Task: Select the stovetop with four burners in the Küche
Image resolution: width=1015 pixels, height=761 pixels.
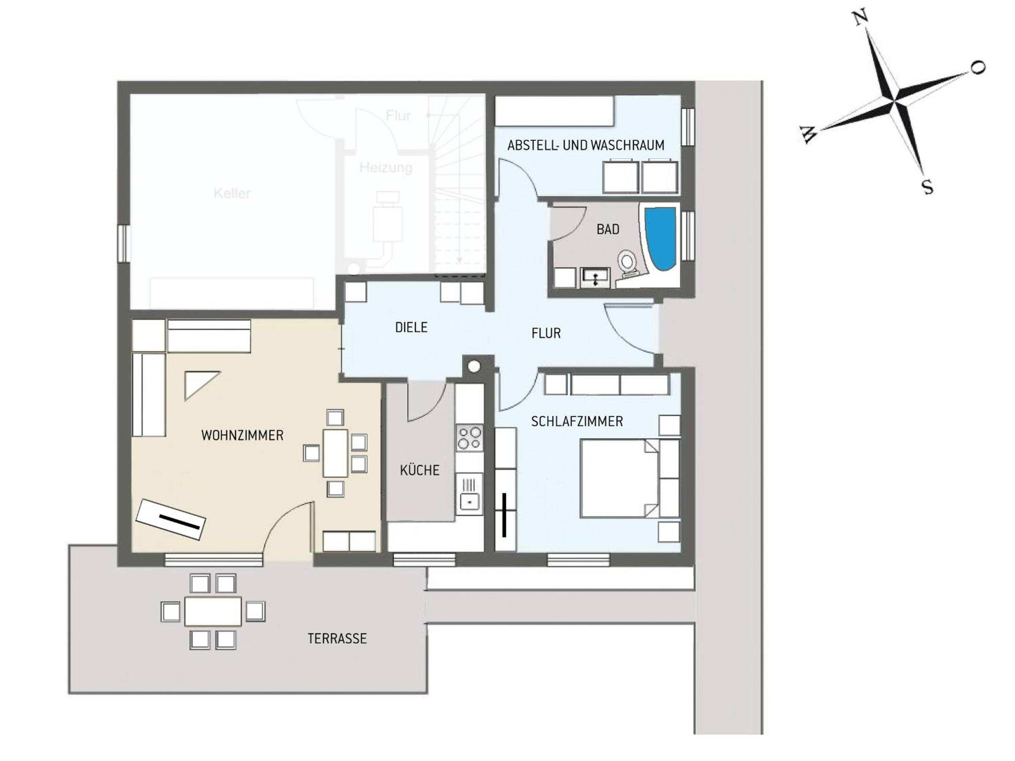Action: (x=469, y=438)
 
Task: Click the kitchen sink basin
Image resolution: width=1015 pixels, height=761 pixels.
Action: (x=469, y=501)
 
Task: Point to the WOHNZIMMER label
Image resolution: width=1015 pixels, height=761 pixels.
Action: (x=242, y=435)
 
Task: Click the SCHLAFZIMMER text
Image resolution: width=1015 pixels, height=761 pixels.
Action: (x=577, y=422)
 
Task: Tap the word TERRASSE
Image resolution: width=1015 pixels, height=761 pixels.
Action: (x=337, y=638)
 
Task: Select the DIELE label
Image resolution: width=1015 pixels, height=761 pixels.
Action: (x=411, y=328)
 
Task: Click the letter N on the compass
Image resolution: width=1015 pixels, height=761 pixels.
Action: (x=860, y=18)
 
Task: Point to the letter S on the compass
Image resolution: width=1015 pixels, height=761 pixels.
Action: (x=927, y=187)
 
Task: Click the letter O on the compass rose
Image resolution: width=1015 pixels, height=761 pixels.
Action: (x=978, y=68)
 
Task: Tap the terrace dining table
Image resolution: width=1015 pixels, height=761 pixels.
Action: (x=213, y=611)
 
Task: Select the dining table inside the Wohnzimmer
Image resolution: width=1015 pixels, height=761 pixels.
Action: (x=335, y=453)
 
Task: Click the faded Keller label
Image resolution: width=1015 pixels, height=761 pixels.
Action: (x=232, y=193)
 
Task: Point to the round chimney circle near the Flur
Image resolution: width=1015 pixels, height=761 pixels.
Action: (x=474, y=366)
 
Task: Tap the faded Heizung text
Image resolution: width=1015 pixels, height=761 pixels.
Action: (x=385, y=167)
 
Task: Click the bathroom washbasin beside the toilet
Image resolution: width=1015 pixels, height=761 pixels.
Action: (x=595, y=277)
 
